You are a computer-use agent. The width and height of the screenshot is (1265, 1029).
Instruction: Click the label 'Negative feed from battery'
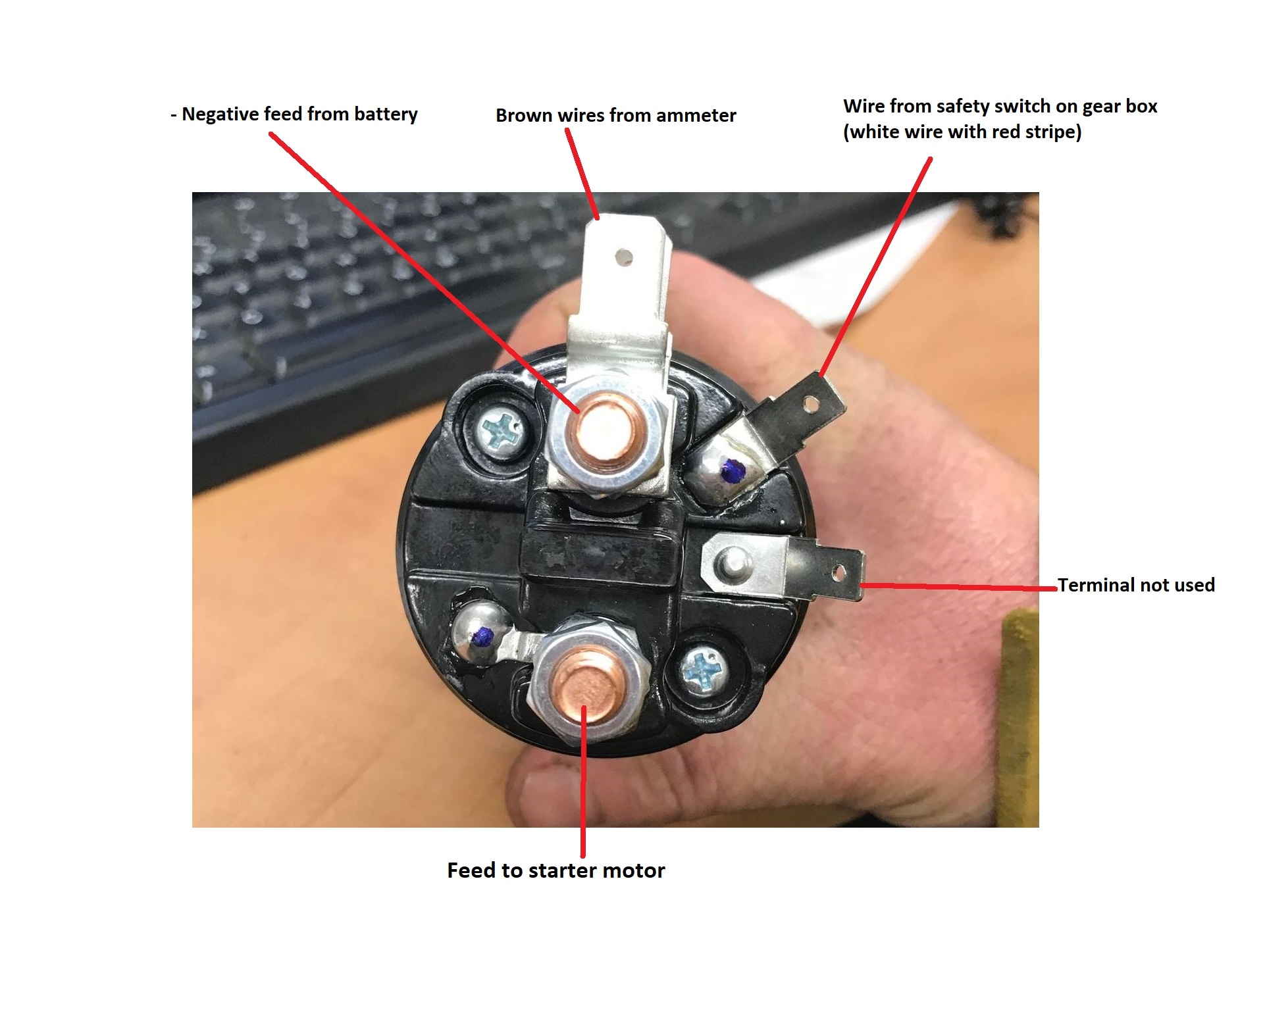pos(299,114)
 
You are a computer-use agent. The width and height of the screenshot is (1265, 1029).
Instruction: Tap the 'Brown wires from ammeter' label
pos(615,116)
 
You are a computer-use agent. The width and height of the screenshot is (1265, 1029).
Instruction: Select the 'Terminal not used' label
pos(1136,585)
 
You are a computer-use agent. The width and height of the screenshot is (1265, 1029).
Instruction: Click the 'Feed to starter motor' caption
pos(556,870)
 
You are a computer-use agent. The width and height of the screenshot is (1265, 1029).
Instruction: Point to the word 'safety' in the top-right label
pos(964,107)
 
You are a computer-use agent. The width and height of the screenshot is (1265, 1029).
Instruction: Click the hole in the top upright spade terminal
pos(624,257)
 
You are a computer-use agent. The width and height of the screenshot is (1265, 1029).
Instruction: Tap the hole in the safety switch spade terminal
pos(811,403)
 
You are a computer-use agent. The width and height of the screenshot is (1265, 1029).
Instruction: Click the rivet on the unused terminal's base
pos(731,563)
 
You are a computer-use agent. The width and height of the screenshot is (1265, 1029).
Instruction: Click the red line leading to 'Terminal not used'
pos(958,586)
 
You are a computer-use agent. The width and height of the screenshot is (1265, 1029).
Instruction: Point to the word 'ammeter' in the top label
pos(696,116)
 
